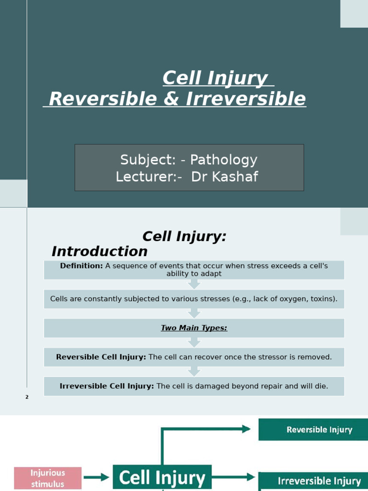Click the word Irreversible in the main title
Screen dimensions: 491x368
pyautogui.click(x=245, y=99)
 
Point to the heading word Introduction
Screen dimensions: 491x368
pyautogui.click(x=100, y=251)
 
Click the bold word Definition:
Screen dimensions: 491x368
pyautogui.click(x=81, y=266)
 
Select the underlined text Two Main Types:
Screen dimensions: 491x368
pyautogui.click(x=194, y=328)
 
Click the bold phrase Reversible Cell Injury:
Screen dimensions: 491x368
pyautogui.click(x=101, y=357)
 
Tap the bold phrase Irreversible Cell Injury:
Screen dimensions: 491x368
pyautogui.click(x=107, y=386)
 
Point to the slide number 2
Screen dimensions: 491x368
pyautogui.click(x=27, y=397)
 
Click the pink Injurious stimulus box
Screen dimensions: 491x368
pyautogui.click(x=48, y=478)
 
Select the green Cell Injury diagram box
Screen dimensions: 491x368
pyautogui.click(x=162, y=478)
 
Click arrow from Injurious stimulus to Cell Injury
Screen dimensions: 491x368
pyautogui.click(x=97, y=478)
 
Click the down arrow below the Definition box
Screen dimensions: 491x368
pyautogui.click(x=194, y=284)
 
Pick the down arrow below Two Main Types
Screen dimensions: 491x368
pyautogui.click(x=194, y=342)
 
